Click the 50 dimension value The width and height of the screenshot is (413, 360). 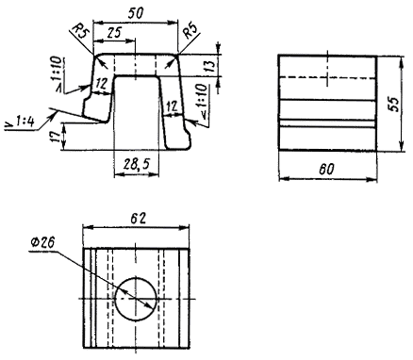tap(136, 12)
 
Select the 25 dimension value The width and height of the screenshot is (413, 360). tap(114, 33)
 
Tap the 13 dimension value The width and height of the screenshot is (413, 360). tap(211, 65)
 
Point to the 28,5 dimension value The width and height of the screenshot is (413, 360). tap(136, 164)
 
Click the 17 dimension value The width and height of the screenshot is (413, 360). tap(56, 136)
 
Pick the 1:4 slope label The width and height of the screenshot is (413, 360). tap(24, 122)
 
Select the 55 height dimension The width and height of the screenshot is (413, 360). tap(393, 103)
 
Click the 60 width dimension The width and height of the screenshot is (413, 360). tap(327, 170)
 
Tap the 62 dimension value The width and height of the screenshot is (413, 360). tap(139, 218)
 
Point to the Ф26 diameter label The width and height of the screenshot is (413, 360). tap(42, 242)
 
